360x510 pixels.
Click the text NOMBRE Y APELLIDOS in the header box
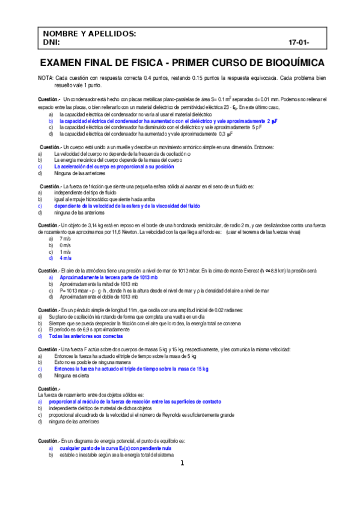(x=89, y=34)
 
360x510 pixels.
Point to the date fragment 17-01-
(x=299, y=43)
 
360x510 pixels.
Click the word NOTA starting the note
(x=45, y=78)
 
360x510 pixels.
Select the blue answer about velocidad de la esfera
(x=127, y=206)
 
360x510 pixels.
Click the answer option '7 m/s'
(x=65, y=239)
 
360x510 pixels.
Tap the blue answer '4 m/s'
(x=66, y=258)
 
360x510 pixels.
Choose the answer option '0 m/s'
(x=65, y=245)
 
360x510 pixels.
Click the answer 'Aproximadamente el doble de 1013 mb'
(x=97, y=297)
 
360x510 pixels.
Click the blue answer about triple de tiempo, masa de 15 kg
(x=130, y=369)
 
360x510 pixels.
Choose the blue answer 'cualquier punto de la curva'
(x=115, y=449)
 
